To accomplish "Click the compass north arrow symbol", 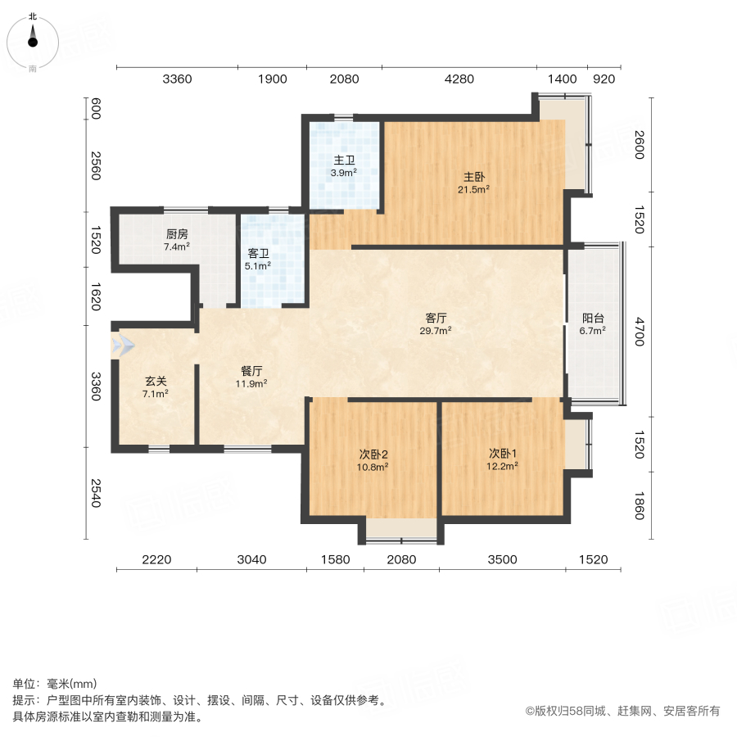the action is pyautogui.click(x=33, y=36).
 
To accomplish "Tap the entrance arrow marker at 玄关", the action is pyautogui.click(x=123, y=346).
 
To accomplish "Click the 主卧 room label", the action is pyautogui.click(x=474, y=177).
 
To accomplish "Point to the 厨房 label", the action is pyautogui.click(x=177, y=234).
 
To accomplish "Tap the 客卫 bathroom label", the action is pyautogui.click(x=258, y=254).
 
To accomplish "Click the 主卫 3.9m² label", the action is pyautogui.click(x=344, y=166).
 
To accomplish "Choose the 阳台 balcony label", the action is pyautogui.click(x=593, y=319).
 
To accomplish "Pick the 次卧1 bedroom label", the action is pyautogui.click(x=503, y=454).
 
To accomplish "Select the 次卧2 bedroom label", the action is pyautogui.click(x=373, y=454).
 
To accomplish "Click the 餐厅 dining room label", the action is pyautogui.click(x=251, y=371).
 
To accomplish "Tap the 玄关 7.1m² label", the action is pyautogui.click(x=156, y=388).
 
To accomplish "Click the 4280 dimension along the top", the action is pyautogui.click(x=459, y=79).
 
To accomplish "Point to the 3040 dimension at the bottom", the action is pyautogui.click(x=251, y=560).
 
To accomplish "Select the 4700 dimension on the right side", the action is pyautogui.click(x=640, y=332).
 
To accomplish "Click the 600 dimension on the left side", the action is pyautogui.click(x=96, y=109).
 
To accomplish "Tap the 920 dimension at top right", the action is pyautogui.click(x=604, y=79).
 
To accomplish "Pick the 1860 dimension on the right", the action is pyautogui.click(x=640, y=506).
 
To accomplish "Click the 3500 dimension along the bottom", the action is pyautogui.click(x=503, y=560).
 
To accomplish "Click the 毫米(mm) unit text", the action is pyautogui.click(x=72, y=684).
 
